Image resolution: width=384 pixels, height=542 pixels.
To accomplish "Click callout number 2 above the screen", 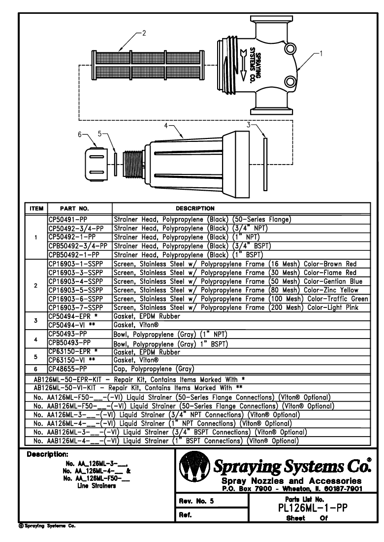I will [x=144, y=34].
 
